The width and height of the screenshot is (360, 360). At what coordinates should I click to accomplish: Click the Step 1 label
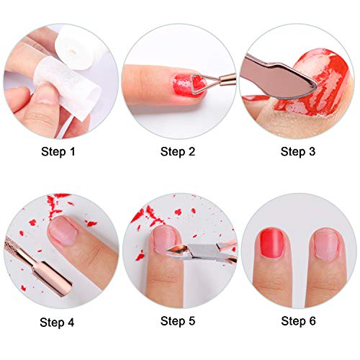coord(60,152)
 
